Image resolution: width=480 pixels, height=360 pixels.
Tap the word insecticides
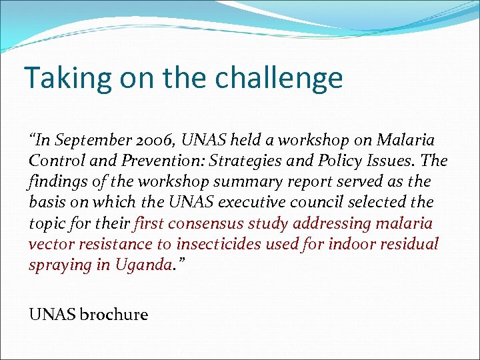pos(219,244)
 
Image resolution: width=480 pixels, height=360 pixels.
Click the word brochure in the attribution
pos(113,315)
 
